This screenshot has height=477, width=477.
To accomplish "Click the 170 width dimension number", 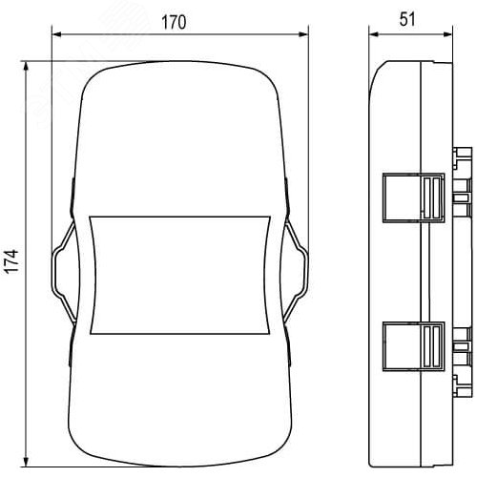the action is coord(174,23).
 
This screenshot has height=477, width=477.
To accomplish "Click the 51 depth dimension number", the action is coord(407,20).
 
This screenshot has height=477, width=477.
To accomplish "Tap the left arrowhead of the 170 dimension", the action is coord(56,34).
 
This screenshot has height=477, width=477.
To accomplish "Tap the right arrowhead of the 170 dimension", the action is coord(303,34).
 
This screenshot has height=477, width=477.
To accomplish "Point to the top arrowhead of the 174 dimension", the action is coord(27,66).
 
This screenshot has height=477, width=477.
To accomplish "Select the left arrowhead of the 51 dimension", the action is coord(374,34).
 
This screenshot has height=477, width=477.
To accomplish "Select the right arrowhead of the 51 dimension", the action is coord(447,34).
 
